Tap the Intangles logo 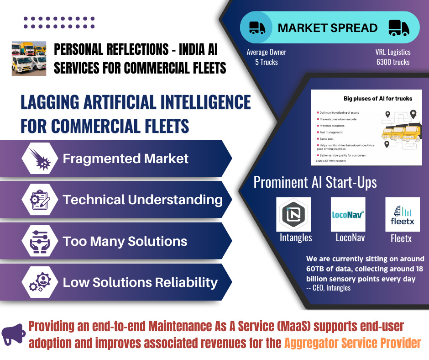[293, 214]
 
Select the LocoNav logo [348, 214]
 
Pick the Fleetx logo [402, 214]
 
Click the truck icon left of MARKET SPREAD [257, 28]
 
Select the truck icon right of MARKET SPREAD [398, 28]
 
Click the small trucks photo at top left [29, 58]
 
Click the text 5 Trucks [267, 62]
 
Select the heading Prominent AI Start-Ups [315, 182]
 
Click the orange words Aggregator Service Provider [352, 343]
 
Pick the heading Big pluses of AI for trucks [378, 98]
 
